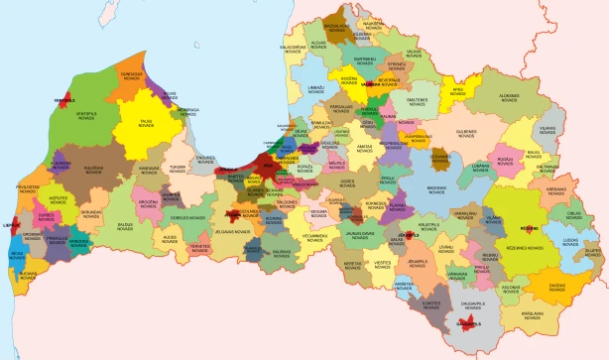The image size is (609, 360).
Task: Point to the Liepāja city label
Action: (x=12, y=225)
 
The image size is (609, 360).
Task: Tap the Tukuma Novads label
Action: (x=180, y=169)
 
